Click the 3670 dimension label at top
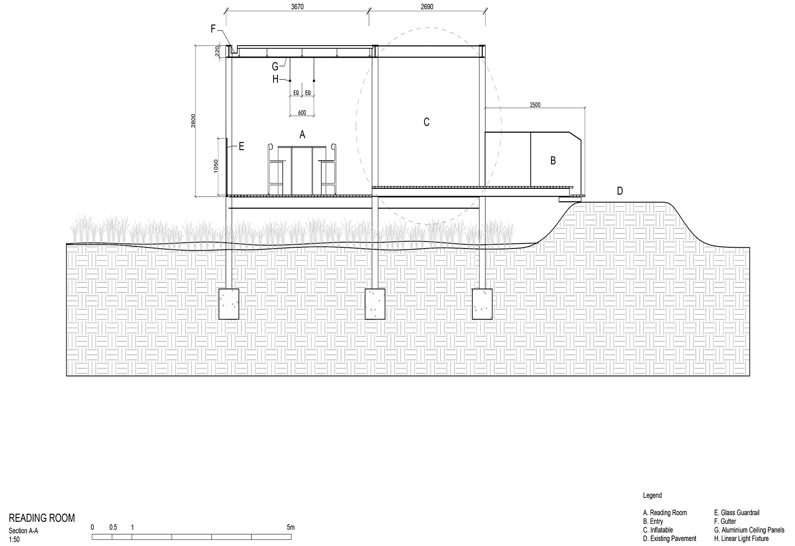point(297,7)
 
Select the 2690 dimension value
point(427,7)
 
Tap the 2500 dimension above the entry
point(535,105)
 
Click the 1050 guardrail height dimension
point(215,166)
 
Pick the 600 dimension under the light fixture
point(302,113)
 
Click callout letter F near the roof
point(213,29)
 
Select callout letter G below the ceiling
point(275,67)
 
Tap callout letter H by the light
point(275,79)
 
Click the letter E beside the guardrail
point(241,146)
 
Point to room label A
point(302,135)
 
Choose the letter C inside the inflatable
point(426,122)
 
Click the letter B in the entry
point(553,161)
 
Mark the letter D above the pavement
point(620,191)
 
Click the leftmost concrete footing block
point(229,304)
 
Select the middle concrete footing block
point(375,304)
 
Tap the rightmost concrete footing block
point(482,304)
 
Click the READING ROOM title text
point(42,518)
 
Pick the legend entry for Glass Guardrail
point(736,513)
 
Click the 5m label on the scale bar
point(290,527)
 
